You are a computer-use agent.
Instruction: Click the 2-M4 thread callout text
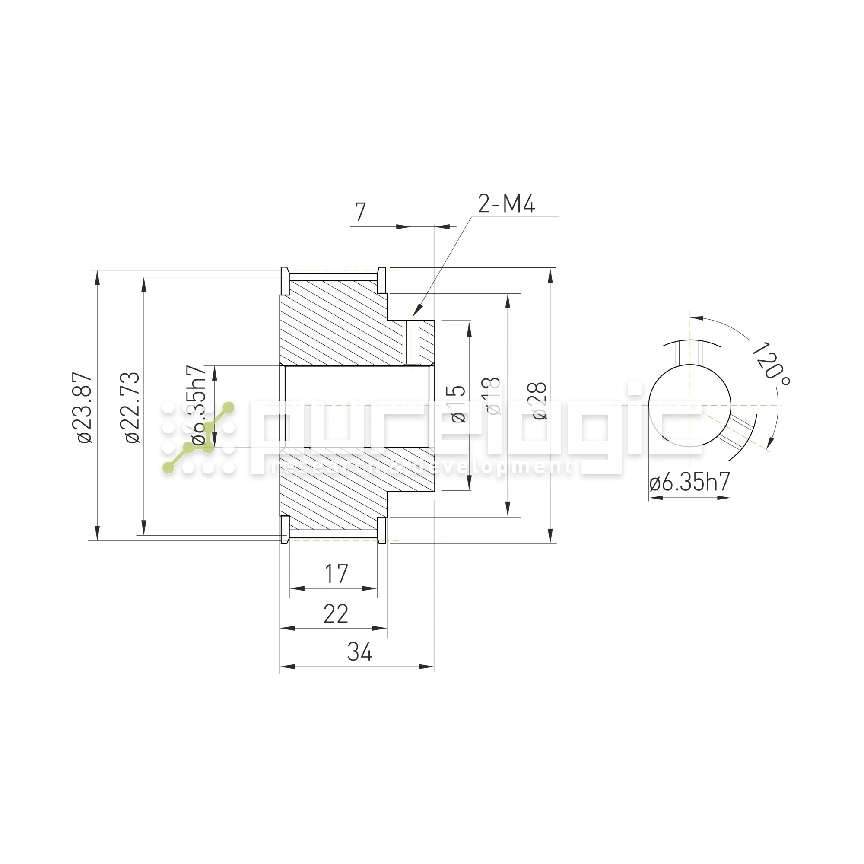[506, 204]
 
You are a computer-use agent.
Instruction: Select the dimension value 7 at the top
[360, 212]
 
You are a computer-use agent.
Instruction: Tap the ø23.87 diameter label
[85, 407]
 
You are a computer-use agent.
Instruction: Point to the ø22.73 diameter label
[132, 407]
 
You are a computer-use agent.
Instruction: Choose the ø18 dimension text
[492, 396]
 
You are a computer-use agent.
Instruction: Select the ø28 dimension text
[540, 401]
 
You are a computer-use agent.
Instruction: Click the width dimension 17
[336, 574]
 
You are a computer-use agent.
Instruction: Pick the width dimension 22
[336, 613]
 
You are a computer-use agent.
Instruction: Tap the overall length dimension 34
[359, 652]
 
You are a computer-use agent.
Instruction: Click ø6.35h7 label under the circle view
[689, 482]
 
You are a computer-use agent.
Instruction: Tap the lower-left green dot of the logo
[168, 468]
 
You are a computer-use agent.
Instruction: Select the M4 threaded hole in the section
[410, 343]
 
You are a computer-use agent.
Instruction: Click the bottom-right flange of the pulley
[381, 530]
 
